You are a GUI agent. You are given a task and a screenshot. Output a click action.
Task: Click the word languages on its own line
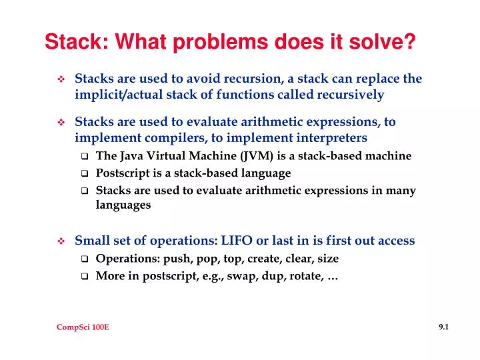[123, 205]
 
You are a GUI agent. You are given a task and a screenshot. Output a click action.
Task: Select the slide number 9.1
[444, 327]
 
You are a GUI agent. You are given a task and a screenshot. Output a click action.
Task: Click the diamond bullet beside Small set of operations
[61, 241]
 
